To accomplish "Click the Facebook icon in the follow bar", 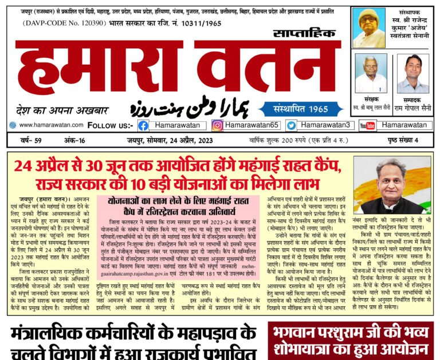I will pos(143,125).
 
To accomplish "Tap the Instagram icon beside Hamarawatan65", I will pos(217,125).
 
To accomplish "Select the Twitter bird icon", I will pos(292,125).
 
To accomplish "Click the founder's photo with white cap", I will pos(368,27).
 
